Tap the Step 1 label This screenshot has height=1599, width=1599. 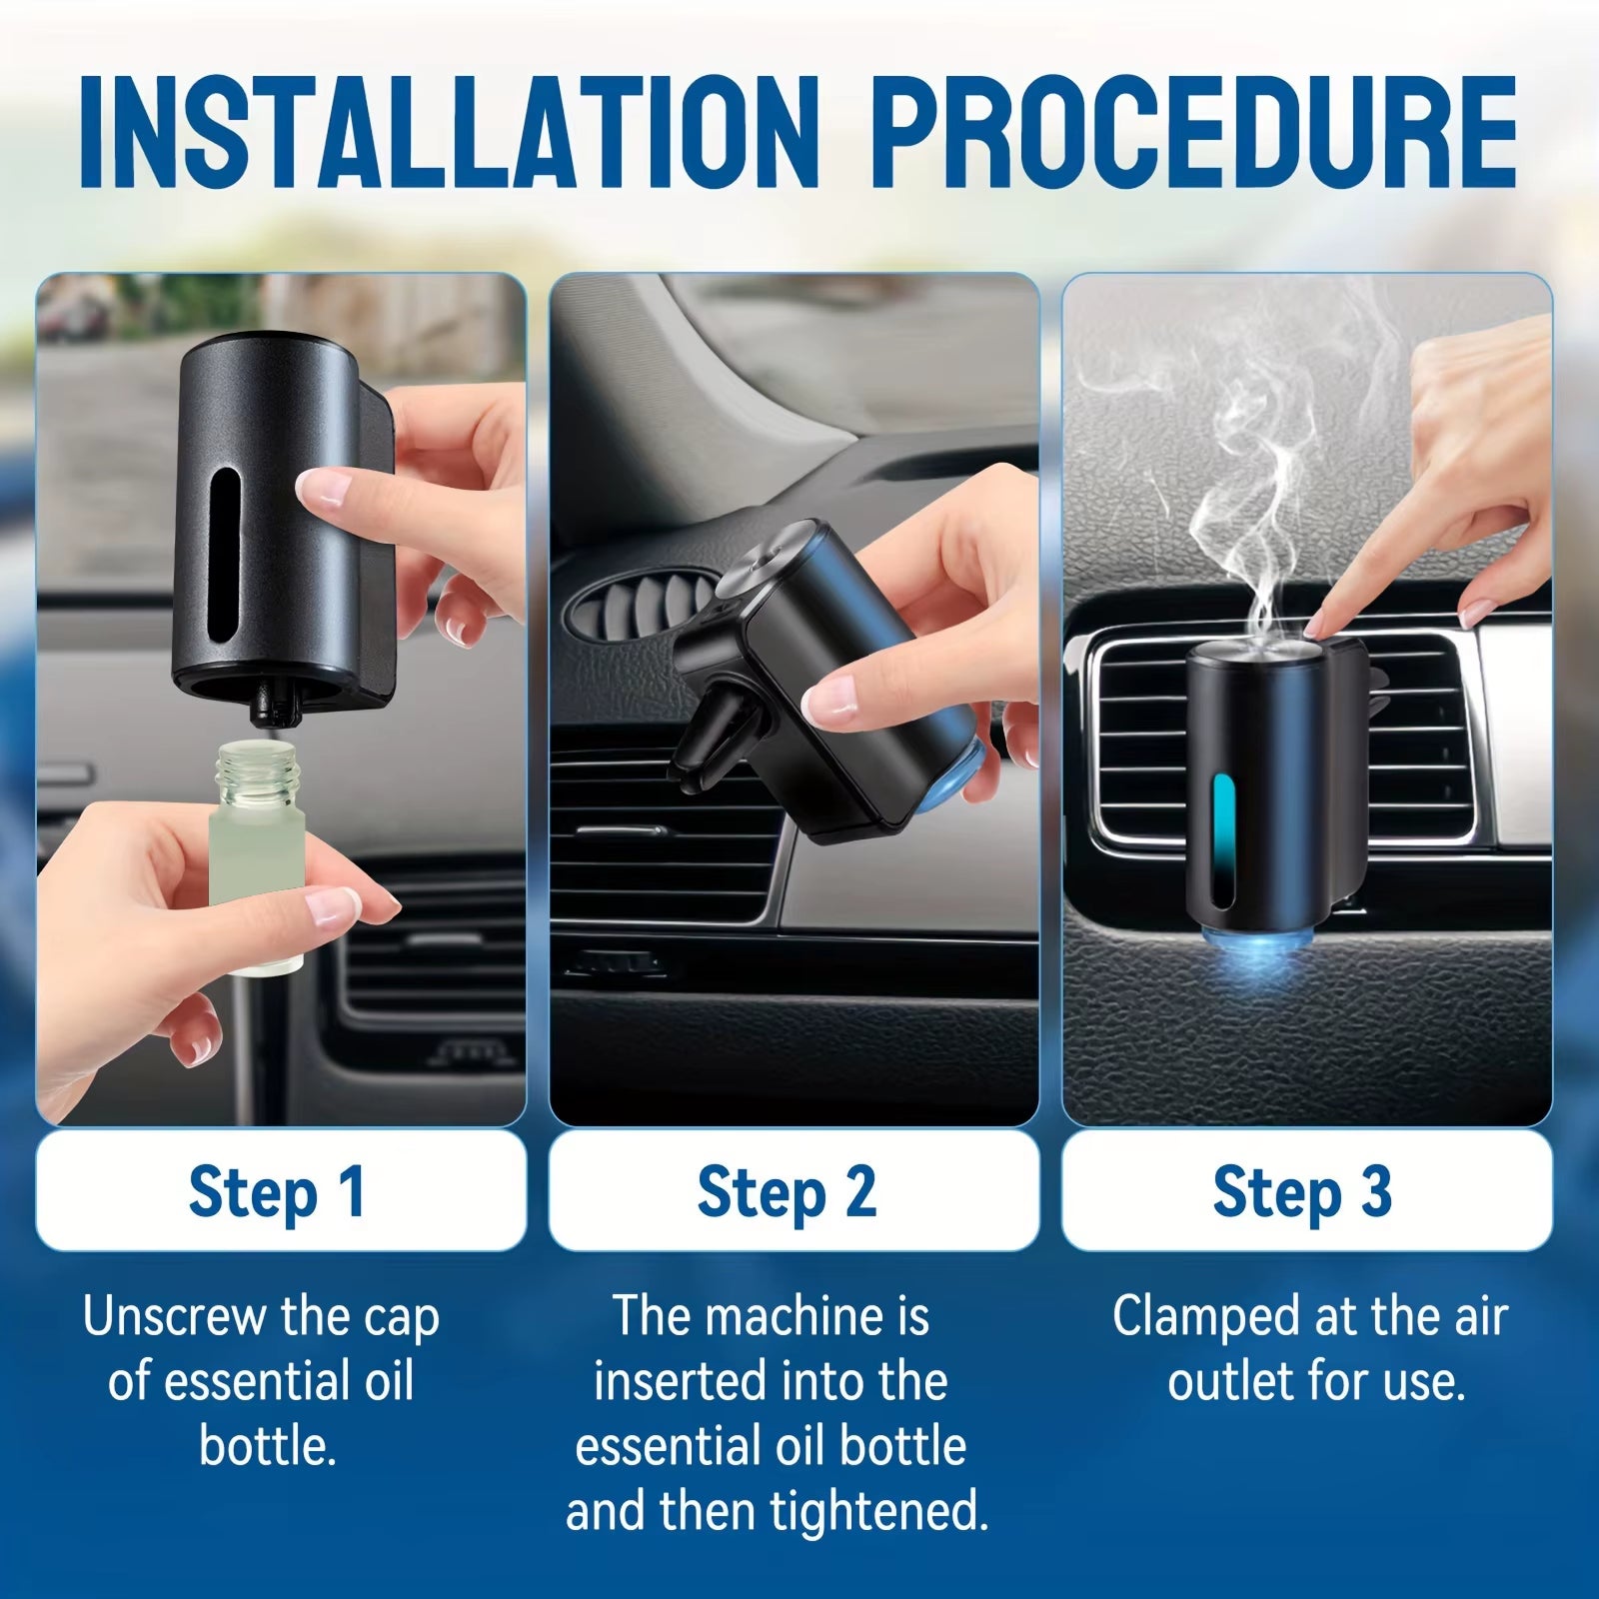279,1191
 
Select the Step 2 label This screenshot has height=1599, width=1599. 788,1191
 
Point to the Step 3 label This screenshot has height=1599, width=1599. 1302,1191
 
